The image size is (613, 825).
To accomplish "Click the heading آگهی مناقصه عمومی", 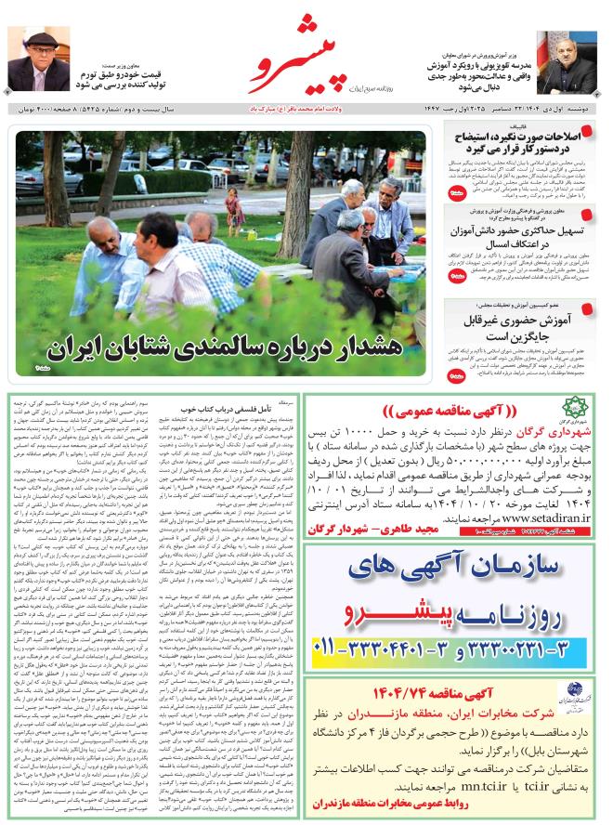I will tap(455, 412).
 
